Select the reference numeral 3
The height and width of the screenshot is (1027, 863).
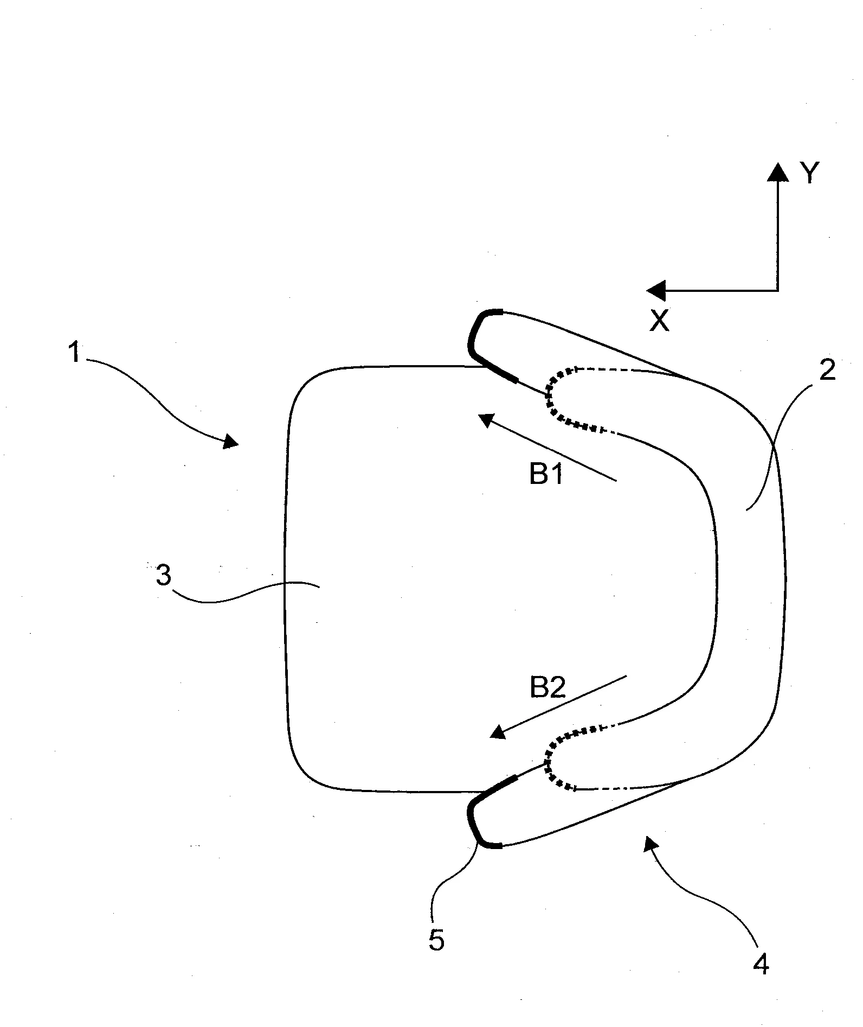pos(163,576)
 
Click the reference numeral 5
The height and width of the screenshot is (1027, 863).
pos(436,940)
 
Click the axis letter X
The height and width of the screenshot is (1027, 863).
pos(660,321)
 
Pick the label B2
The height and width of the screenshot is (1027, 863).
pos(548,688)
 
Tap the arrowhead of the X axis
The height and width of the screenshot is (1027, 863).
pos(655,291)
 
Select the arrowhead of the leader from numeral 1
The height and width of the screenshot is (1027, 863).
pos(231,442)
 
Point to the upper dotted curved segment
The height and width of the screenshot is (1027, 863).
pos(564,399)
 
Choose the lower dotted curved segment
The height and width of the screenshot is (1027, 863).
pos(564,757)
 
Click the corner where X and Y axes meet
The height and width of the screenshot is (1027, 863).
pos(778,291)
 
